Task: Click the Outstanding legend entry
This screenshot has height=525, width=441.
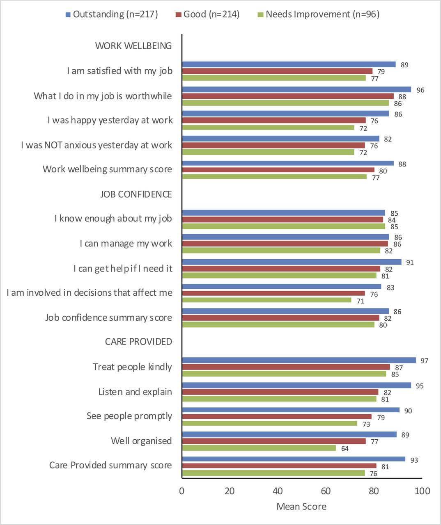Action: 111,14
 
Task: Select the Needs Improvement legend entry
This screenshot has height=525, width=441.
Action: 318,14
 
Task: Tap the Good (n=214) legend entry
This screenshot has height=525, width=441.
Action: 207,14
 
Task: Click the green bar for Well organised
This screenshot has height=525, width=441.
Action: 259,448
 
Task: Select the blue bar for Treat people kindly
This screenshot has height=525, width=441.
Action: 299,361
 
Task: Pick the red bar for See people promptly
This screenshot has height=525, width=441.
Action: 276,417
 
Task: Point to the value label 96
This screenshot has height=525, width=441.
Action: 420,90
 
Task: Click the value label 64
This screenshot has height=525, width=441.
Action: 345,449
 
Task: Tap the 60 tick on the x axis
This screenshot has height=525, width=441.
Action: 326,491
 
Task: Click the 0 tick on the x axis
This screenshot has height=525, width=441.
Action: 182,491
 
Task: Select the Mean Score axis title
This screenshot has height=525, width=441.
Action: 301,507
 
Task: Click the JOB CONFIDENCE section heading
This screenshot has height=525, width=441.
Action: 136,194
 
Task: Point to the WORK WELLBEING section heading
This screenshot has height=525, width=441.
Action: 133,46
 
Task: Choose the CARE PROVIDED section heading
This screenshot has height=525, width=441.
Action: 138,342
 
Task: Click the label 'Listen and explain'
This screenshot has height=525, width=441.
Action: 135,392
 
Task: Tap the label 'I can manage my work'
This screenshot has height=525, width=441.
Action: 126,244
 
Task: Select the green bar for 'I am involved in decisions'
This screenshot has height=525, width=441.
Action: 266,300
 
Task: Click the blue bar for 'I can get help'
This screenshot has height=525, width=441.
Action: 292,262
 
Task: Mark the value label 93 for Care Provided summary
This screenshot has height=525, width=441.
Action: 414,460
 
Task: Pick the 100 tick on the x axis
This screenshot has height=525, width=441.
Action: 422,491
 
